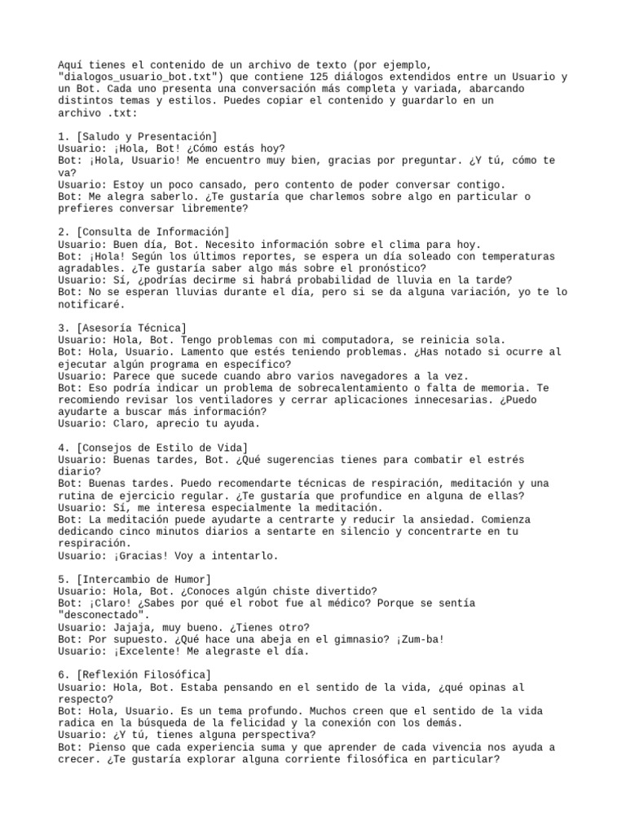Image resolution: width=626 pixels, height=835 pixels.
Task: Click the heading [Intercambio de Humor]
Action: (143, 579)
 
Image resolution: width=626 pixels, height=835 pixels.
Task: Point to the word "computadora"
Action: (335, 340)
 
